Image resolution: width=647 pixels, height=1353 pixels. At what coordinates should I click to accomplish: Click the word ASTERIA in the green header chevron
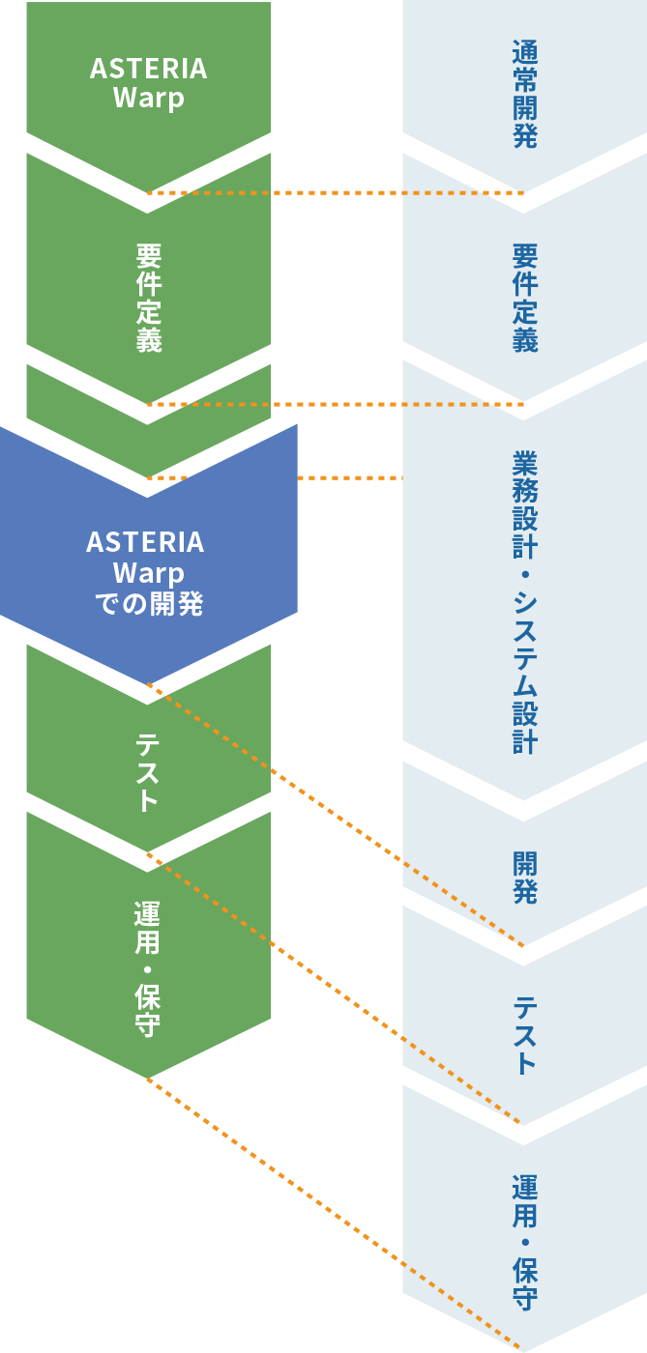click(x=149, y=69)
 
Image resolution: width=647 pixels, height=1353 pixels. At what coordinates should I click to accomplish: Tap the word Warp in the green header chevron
click(x=149, y=99)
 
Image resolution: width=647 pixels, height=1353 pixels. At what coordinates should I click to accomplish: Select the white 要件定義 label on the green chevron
click(x=149, y=298)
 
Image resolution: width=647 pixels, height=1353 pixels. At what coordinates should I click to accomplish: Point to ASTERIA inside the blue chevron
click(x=146, y=542)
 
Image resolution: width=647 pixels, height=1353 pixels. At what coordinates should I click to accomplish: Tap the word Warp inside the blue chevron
click(x=149, y=573)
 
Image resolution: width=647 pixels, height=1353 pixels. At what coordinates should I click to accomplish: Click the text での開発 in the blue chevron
click(x=149, y=604)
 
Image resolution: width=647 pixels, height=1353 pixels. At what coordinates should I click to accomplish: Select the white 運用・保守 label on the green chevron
click(x=148, y=968)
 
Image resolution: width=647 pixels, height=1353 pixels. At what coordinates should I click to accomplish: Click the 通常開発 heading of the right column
click(x=524, y=93)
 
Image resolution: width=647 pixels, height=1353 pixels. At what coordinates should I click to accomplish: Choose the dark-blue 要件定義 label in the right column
click(x=525, y=298)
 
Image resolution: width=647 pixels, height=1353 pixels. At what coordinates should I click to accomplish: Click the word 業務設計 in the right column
click(x=525, y=504)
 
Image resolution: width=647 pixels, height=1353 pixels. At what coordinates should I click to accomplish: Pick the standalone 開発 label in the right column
click(x=525, y=877)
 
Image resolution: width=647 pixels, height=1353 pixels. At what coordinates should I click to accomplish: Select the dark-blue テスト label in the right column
click(x=525, y=1035)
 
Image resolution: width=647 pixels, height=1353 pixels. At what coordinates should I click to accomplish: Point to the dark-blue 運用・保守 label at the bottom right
click(x=525, y=1242)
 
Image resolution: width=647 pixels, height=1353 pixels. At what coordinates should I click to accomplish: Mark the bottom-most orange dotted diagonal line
click(x=334, y=1214)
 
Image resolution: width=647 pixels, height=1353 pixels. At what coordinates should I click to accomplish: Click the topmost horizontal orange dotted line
click(x=334, y=192)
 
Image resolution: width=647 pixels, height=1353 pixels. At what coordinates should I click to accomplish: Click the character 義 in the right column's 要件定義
click(x=525, y=340)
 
